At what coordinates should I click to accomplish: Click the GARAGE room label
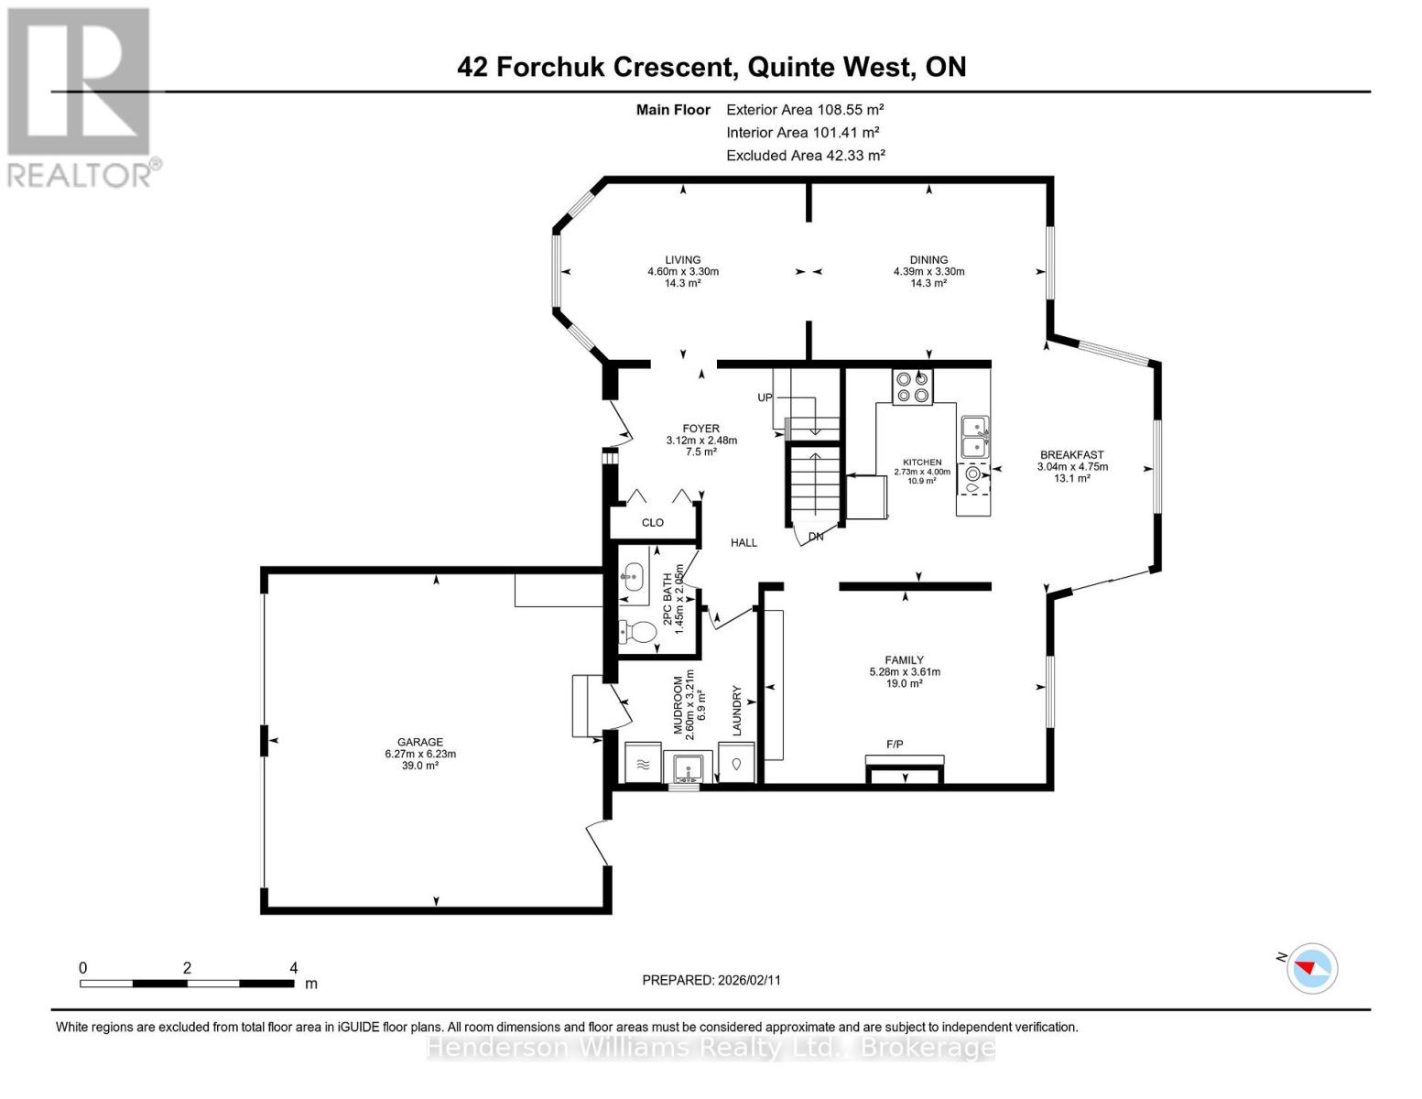coord(420,742)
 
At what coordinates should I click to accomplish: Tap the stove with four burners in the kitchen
coord(913,386)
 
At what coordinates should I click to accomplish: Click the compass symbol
coord(1311,969)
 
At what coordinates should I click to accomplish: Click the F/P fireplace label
coord(895,745)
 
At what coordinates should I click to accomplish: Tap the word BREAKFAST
coord(1072,454)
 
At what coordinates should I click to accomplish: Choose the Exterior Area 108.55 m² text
coord(805,109)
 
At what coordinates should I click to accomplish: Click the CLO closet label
coord(653,522)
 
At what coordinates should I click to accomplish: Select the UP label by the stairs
coord(765,397)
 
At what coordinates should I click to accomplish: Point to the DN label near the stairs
coord(816,537)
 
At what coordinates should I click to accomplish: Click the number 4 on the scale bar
coord(294,967)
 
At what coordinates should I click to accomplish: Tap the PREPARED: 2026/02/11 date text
coord(711,980)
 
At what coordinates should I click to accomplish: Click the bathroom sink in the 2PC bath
coord(632,577)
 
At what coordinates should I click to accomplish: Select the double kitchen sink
coord(975,438)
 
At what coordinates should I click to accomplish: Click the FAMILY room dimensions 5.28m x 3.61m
coord(905,671)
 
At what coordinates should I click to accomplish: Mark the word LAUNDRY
coord(737,710)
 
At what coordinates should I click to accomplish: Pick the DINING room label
coord(928,259)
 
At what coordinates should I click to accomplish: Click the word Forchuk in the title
coord(550,67)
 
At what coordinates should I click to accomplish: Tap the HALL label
coord(744,542)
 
